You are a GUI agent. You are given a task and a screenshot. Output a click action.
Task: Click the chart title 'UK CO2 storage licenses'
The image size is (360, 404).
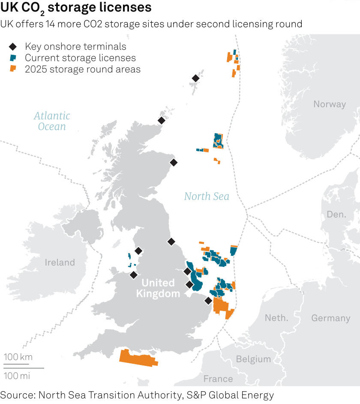[x=76, y=8]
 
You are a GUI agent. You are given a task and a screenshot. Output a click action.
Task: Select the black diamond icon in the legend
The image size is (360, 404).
[x=13, y=47]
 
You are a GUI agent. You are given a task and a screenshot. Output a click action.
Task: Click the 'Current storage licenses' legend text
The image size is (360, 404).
[x=80, y=58]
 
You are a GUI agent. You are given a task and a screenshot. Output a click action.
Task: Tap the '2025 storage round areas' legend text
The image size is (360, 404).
[x=83, y=69]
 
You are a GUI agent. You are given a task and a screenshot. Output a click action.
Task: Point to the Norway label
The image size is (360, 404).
[x=329, y=104]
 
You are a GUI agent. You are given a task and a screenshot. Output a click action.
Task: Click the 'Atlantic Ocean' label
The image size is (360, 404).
[x=52, y=121]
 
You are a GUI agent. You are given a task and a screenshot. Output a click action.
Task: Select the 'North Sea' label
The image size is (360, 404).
[x=207, y=197]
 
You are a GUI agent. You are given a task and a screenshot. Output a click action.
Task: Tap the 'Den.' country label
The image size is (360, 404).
[x=336, y=214]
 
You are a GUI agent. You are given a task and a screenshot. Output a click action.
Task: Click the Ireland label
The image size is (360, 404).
[x=60, y=262]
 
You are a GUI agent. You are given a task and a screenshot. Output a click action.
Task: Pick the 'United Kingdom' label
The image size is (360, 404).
[x=158, y=288]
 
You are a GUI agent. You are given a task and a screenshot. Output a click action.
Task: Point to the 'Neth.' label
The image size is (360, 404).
[x=276, y=318]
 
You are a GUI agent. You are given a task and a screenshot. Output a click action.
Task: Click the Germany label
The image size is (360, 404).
[x=330, y=318]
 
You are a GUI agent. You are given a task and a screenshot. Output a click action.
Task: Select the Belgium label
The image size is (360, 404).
[x=253, y=359]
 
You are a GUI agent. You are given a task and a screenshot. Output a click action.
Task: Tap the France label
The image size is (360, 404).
[x=218, y=379]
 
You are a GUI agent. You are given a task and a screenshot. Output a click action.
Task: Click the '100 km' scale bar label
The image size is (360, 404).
[x=18, y=357]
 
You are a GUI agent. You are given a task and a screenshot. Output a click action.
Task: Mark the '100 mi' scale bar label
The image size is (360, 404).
[x=18, y=376]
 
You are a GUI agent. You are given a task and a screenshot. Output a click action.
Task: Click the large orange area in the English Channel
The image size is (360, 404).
[x=138, y=357]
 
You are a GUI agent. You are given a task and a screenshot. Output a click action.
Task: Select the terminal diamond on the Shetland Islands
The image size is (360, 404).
[x=195, y=78]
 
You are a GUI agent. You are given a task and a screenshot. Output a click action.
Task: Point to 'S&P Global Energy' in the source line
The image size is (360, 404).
[x=230, y=395]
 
